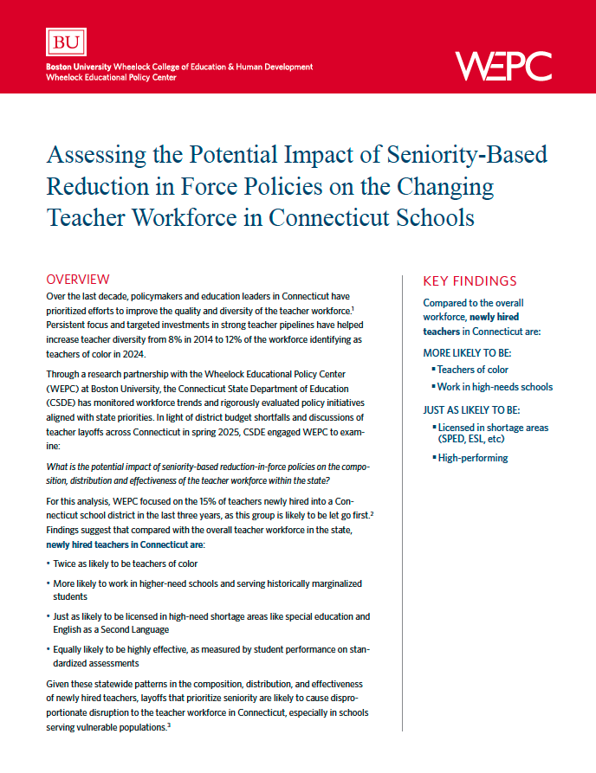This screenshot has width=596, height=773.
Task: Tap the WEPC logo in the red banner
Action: [502, 64]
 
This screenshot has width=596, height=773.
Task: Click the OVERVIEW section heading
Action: [77, 279]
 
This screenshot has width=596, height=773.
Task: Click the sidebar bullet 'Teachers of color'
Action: [472, 370]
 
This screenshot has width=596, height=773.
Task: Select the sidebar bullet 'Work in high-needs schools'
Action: [495, 387]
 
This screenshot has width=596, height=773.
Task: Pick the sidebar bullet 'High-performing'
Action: [473, 457]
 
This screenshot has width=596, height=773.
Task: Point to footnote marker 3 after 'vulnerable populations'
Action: [170, 725]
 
